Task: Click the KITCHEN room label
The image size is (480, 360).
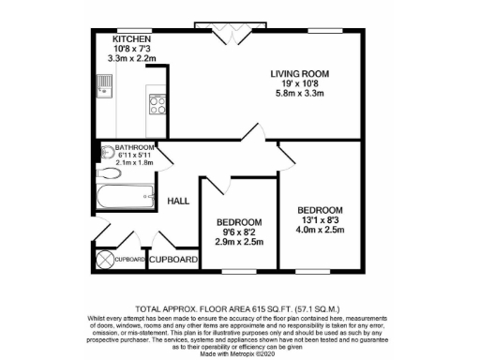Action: (131, 39)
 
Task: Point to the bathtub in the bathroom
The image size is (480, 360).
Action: (126, 196)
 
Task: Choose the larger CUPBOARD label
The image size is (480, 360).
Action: (174, 258)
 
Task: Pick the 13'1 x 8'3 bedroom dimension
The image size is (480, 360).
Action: (320, 219)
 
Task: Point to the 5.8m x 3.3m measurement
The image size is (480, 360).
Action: (301, 95)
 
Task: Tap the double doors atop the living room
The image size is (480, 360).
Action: (228, 31)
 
